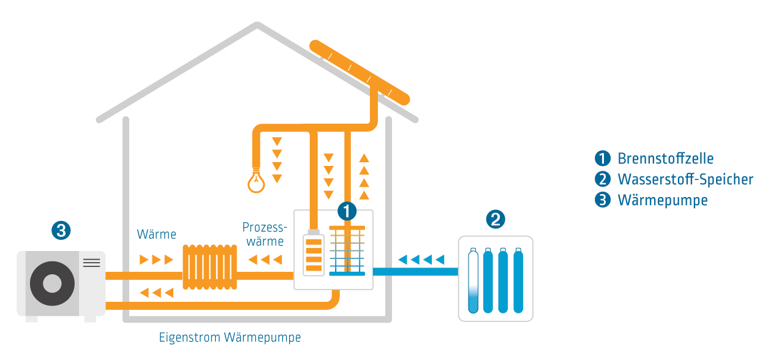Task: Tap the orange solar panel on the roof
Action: (x=360, y=72)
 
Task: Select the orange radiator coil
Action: (x=210, y=268)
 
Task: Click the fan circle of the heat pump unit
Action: (x=52, y=283)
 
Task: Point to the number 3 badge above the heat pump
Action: (x=61, y=230)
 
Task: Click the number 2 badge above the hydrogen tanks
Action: (x=495, y=219)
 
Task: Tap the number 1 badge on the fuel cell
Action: (x=347, y=211)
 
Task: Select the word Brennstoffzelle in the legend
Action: (x=665, y=159)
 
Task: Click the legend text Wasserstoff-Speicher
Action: (x=685, y=179)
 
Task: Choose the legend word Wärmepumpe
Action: (x=662, y=200)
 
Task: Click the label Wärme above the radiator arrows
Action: (x=157, y=234)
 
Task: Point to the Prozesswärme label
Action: (x=265, y=233)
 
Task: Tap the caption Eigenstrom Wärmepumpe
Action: (x=230, y=337)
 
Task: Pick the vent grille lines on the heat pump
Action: (x=91, y=263)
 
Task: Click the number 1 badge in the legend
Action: (x=603, y=159)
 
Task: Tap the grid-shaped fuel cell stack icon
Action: (x=347, y=250)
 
